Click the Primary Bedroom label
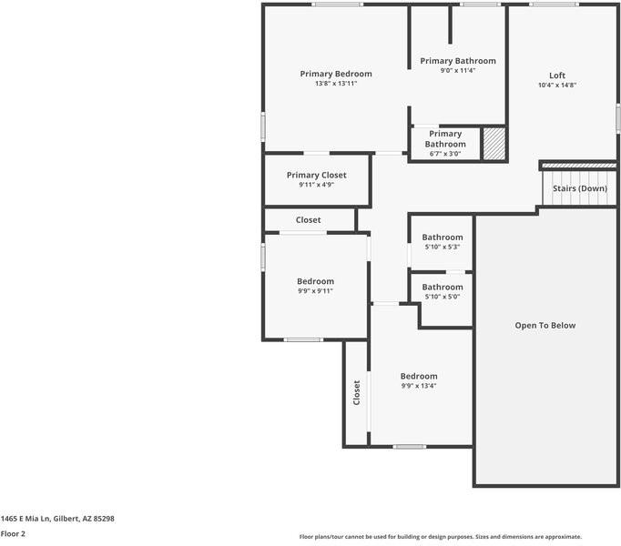[x=336, y=74]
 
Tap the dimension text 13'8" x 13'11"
[x=336, y=84]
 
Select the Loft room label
[x=556, y=76]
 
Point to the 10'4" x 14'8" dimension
[x=556, y=86]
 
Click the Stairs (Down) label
[x=580, y=188]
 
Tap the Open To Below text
[x=545, y=325]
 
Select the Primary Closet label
[x=316, y=175]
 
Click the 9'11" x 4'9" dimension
[x=316, y=185]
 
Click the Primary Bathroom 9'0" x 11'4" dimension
[x=457, y=71]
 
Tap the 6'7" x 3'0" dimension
[x=445, y=154]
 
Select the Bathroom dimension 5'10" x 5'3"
[x=442, y=247]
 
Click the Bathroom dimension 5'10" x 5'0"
[x=442, y=297]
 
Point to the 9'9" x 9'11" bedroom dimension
[x=315, y=291]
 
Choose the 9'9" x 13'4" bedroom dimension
[x=419, y=386]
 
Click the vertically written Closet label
[x=356, y=392]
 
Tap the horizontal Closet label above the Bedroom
[x=308, y=220]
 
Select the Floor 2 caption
[x=13, y=534]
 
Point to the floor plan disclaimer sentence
[x=440, y=537]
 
